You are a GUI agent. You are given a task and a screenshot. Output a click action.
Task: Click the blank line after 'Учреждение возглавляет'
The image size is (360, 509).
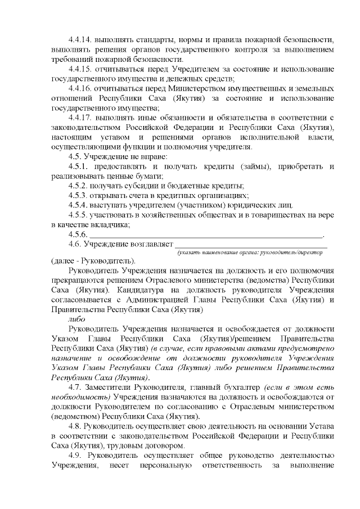point(251,244)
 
